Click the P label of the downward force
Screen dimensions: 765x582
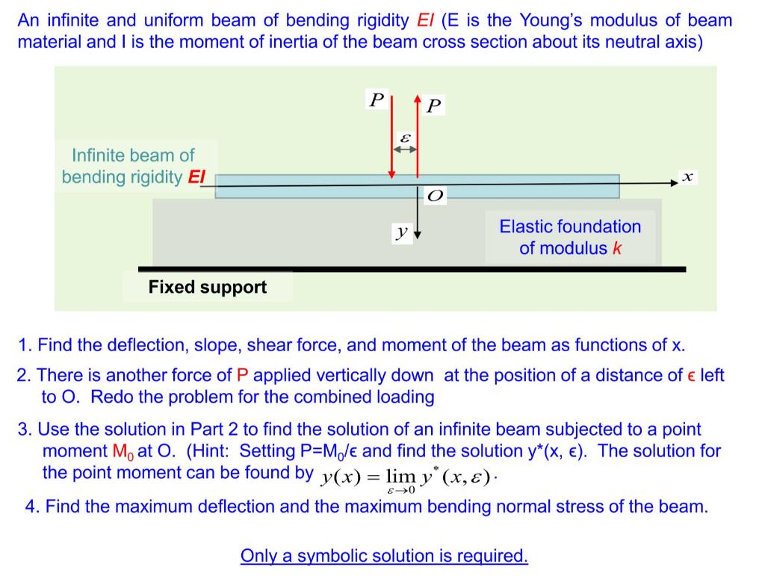click(377, 99)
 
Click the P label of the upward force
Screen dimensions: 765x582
click(434, 105)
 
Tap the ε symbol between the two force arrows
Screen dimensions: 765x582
click(405, 137)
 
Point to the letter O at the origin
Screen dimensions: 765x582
click(435, 196)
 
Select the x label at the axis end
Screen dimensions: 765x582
click(687, 176)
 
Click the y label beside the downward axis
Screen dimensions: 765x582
click(402, 233)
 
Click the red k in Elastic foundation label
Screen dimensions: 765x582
click(616, 248)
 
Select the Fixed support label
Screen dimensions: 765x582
click(208, 287)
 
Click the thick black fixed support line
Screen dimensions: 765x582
click(412, 269)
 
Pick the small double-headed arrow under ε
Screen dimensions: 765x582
click(405, 149)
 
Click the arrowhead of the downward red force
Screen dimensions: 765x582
click(391, 176)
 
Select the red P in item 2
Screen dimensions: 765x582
click(241, 375)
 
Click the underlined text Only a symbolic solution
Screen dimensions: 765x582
click(384, 556)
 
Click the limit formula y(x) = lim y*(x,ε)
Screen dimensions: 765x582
click(408, 477)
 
